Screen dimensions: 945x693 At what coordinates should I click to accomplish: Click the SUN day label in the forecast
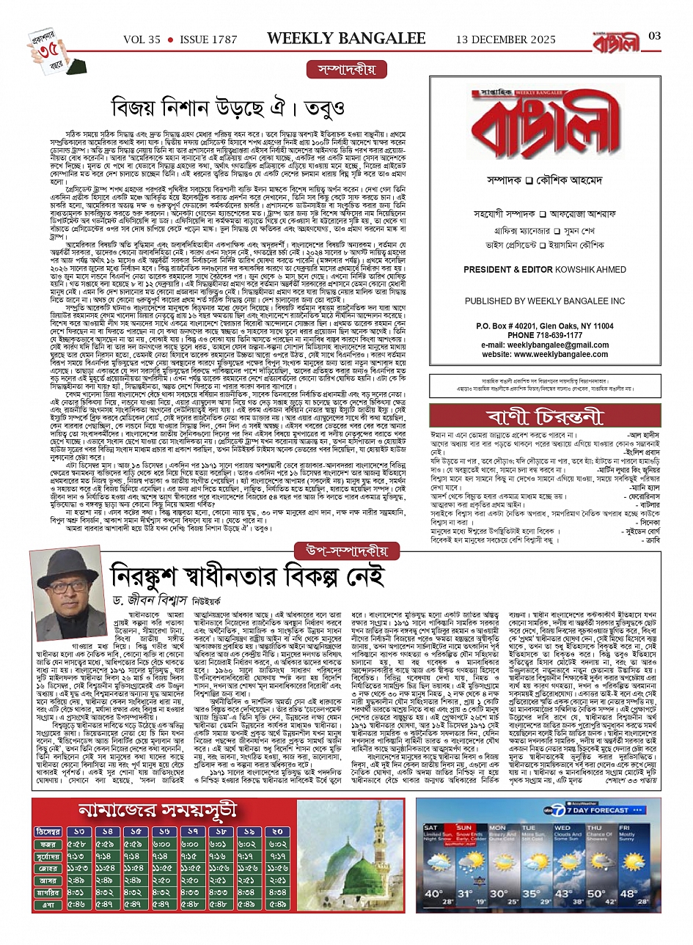pos(464,827)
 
